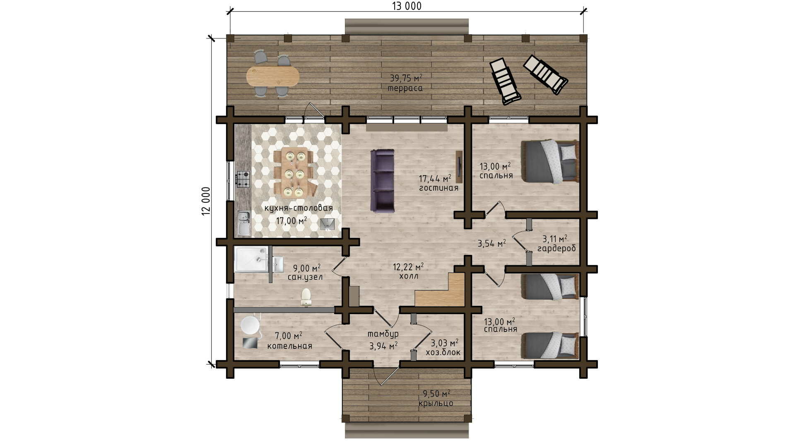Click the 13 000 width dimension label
coord(407,6)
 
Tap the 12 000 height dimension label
coord(206,201)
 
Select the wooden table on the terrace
coord(272,76)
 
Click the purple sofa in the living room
coord(382,180)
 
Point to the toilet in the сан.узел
coord(306,297)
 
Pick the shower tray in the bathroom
coord(251,259)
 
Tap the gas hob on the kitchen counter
coord(243,179)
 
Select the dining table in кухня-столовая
coord(294,172)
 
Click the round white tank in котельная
coord(250,325)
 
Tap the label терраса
coord(405,88)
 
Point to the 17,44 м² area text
coord(435,178)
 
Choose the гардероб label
coord(556,248)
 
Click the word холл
coord(409,276)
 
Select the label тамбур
coord(383,334)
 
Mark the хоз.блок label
coord(443,353)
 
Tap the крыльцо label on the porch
coord(436,404)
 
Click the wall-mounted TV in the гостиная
coord(459,167)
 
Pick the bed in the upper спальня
coord(549,161)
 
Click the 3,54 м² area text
coord(492,243)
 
